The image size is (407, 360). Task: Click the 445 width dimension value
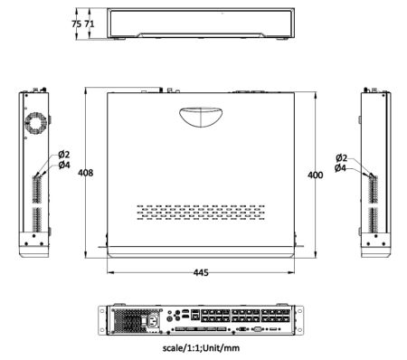[x=201, y=272]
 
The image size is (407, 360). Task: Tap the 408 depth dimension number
[x=86, y=173]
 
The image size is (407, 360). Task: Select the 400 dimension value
[x=316, y=175]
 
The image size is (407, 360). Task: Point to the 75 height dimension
[x=77, y=24]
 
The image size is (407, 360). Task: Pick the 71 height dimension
[x=90, y=24]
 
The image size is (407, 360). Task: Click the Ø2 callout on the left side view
[x=64, y=155]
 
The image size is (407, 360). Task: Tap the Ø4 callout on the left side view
[x=64, y=165]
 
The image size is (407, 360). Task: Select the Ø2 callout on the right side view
[x=342, y=157]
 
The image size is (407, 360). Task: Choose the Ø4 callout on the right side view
[x=340, y=168]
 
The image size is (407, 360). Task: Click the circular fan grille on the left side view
[x=36, y=123]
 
